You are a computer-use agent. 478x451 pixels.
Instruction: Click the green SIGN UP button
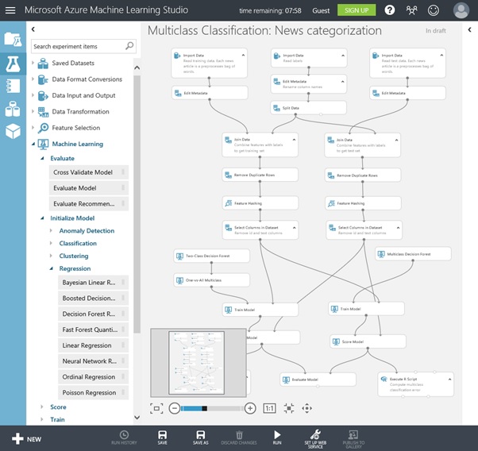click(x=356, y=10)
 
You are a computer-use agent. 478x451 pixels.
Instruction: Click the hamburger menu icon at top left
click(x=11, y=10)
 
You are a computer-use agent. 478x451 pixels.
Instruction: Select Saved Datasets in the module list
click(x=72, y=63)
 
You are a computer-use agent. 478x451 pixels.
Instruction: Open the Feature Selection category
click(x=76, y=128)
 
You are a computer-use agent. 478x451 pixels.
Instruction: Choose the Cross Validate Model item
click(x=83, y=172)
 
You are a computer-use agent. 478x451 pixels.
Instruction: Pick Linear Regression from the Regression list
click(x=87, y=345)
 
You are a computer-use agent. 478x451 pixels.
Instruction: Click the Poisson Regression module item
click(x=89, y=392)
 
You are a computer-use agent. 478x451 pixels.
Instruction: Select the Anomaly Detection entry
click(x=87, y=231)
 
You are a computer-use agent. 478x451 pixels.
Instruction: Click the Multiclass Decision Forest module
click(x=413, y=254)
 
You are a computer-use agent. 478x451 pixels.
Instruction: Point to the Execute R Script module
click(x=414, y=383)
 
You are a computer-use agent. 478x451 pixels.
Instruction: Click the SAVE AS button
click(x=200, y=437)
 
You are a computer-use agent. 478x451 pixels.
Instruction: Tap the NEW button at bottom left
click(x=26, y=438)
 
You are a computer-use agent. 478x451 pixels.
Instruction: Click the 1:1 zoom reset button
click(x=269, y=408)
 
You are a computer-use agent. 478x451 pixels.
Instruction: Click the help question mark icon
click(x=389, y=10)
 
